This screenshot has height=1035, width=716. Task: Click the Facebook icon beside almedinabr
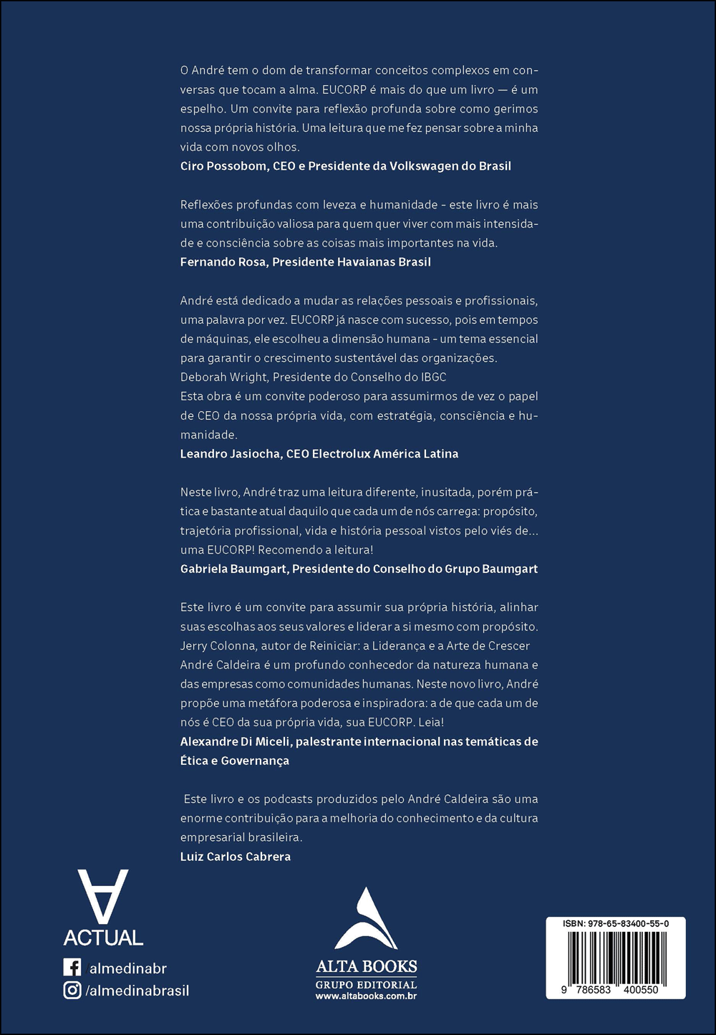tap(72, 968)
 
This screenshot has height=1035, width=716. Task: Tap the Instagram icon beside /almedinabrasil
tap(72, 991)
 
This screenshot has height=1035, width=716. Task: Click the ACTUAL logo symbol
tap(103, 897)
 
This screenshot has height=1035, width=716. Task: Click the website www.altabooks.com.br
tap(366, 996)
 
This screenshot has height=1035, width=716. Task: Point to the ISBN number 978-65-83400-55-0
tap(616, 924)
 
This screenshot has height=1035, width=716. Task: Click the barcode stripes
tap(616, 956)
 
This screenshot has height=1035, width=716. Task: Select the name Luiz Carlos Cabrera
tap(236, 857)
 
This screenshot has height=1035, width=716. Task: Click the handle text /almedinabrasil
tap(137, 991)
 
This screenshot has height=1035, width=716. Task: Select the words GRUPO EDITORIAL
tap(366, 985)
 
